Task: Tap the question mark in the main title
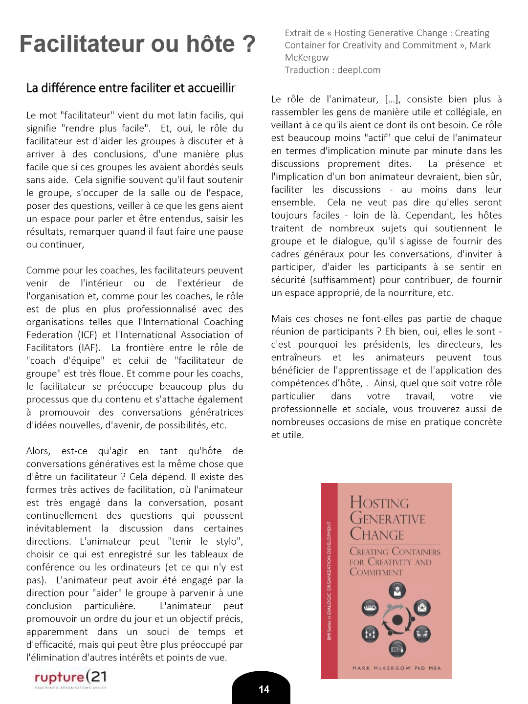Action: tap(248, 44)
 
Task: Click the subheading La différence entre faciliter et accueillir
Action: tap(131, 88)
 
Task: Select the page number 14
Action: tap(264, 689)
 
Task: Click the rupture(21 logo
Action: tap(70, 678)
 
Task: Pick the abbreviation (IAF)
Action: tap(89, 348)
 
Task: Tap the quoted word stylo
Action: tap(229, 541)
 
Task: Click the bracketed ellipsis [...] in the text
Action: tap(392, 99)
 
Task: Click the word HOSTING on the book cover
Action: tap(379, 503)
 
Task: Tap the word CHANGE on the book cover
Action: tap(377, 534)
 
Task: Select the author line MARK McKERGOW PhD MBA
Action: tap(396, 668)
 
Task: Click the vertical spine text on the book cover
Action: tap(330, 581)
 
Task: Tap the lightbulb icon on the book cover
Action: tap(397, 591)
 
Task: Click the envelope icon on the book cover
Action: tap(422, 608)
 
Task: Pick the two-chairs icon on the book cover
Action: tap(422, 635)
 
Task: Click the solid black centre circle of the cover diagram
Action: tap(397, 620)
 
